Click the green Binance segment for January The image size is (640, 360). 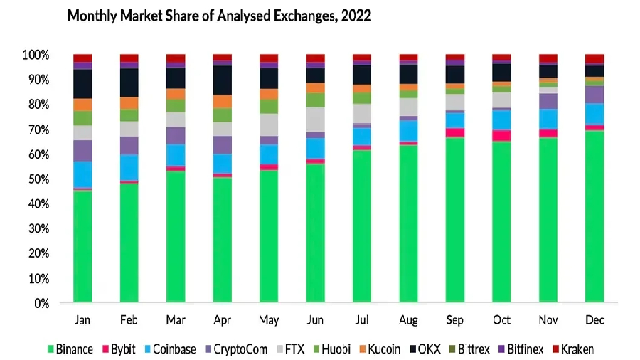pos(82,246)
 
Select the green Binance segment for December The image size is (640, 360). pos(594,216)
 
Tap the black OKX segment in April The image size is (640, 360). pos(222,80)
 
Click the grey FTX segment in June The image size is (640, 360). pos(315,119)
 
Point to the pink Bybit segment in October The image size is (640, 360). pos(501,135)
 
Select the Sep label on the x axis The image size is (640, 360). pos(455,320)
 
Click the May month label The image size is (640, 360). pos(269,320)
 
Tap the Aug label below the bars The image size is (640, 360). pos(408,320)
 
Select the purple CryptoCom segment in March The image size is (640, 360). pos(176,135)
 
